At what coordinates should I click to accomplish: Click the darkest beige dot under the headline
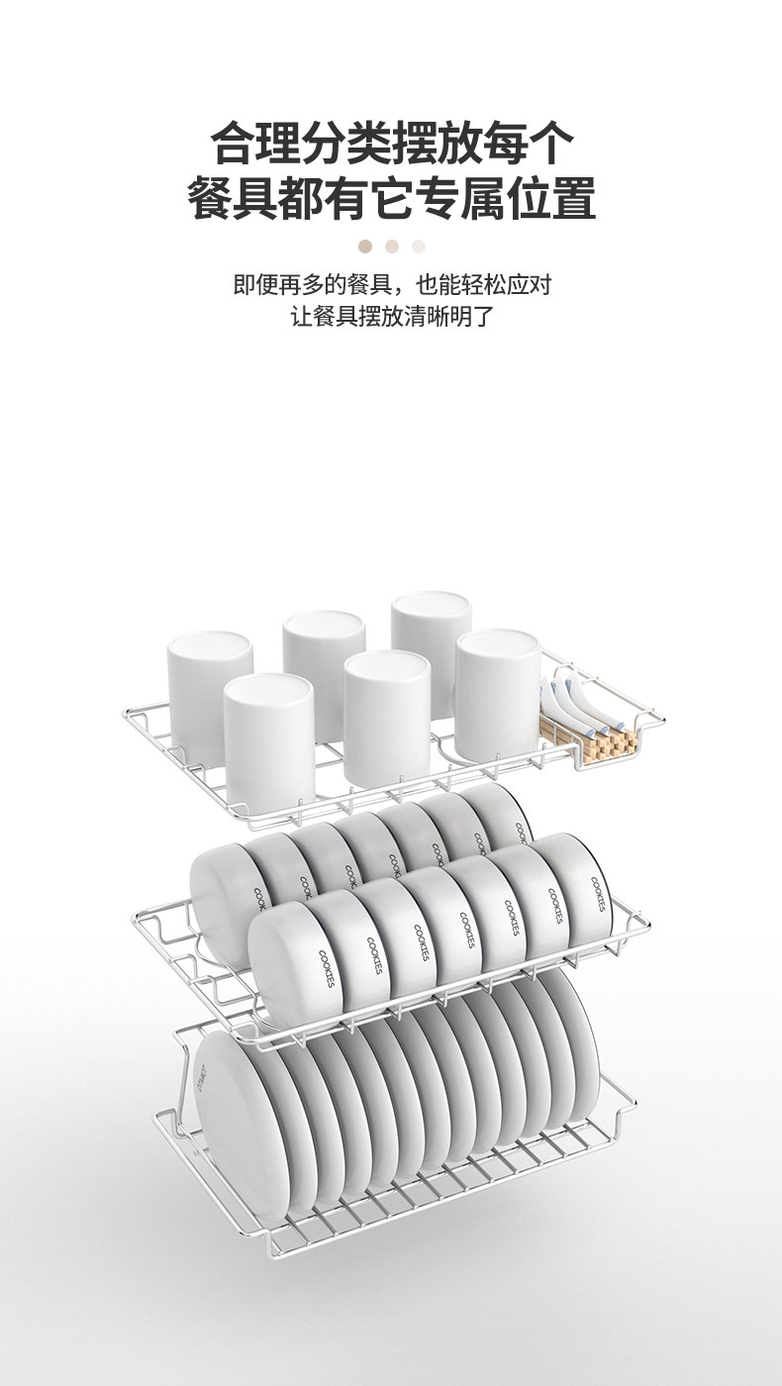tap(365, 246)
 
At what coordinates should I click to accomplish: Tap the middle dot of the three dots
tap(392, 246)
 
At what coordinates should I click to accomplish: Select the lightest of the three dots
tap(419, 246)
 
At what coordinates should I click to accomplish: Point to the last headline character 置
tap(573, 199)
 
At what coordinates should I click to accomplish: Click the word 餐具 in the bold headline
tap(234, 199)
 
